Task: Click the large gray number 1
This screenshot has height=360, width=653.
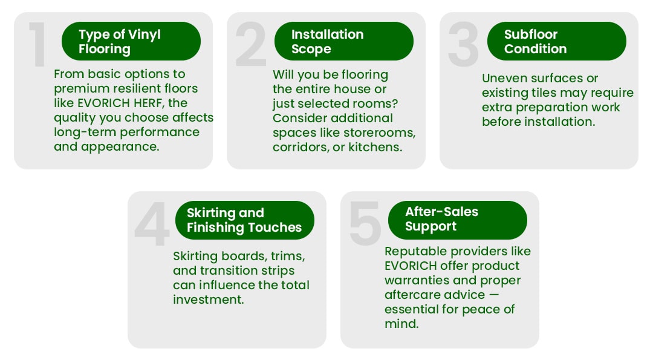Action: coord(37,44)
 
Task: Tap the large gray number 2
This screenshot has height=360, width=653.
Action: coord(251,44)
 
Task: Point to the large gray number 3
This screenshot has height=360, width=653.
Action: coord(464,44)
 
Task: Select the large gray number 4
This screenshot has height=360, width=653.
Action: coord(152,223)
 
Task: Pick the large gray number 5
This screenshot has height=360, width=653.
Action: coord(365,223)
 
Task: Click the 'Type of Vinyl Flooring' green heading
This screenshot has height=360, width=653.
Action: coord(131,41)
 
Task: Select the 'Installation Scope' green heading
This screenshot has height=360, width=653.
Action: coord(344,41)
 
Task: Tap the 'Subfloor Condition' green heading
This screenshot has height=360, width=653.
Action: coord(557,41)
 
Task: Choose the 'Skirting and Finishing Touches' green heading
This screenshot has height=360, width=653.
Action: coord(245,220)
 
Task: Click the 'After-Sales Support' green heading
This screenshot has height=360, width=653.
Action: coord(458,220)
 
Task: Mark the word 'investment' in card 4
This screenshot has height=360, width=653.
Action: coord(208,299)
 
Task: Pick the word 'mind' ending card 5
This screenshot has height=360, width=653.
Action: coord(401,324)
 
